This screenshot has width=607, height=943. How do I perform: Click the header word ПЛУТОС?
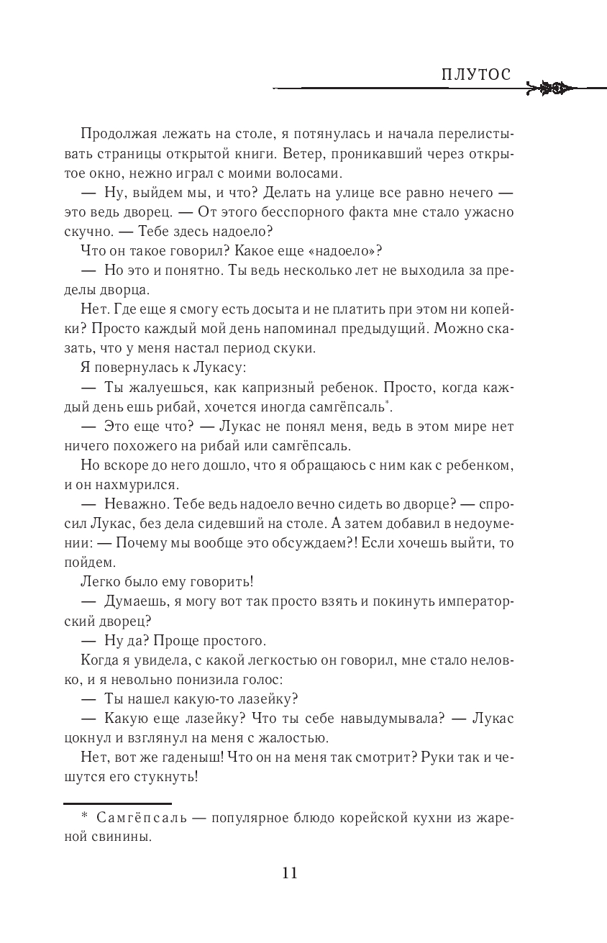tap(475, 75)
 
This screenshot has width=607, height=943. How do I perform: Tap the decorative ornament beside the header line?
tap(551, 89)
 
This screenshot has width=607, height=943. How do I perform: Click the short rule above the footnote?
tap(117, 803)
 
